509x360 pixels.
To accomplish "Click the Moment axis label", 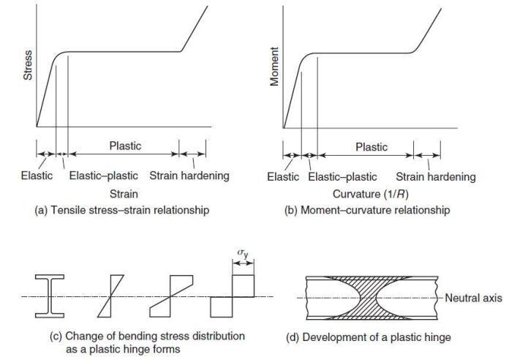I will click(275, 67).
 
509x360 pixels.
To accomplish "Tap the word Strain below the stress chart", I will click(123, 194).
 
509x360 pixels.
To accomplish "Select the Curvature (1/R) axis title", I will click(369, 194).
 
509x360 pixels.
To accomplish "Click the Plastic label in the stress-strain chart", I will click(125, 146).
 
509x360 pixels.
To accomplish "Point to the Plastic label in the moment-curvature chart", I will click(372, 147).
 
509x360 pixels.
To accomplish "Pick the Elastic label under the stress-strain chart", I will click(37, 176).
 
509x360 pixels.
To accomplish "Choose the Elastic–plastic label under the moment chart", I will click(343, 177).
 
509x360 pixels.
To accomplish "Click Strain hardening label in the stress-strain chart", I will click(189, 176).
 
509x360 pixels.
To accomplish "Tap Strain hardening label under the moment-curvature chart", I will click(436, 177).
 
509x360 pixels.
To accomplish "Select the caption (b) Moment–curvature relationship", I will click(369, 211).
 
